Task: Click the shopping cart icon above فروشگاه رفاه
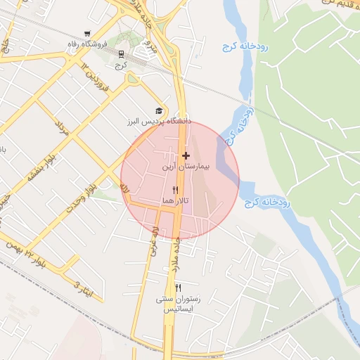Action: click(87, 34)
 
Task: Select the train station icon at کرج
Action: click(122, 53)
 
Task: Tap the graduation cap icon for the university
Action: click(159, 110)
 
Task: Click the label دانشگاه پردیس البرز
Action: click(159, 122)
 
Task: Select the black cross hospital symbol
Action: click(186, 155)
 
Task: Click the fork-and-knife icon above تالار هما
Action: click(175, 190)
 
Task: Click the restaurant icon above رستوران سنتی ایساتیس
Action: click(178, 288)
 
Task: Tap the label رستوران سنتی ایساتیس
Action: click(178, 304)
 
